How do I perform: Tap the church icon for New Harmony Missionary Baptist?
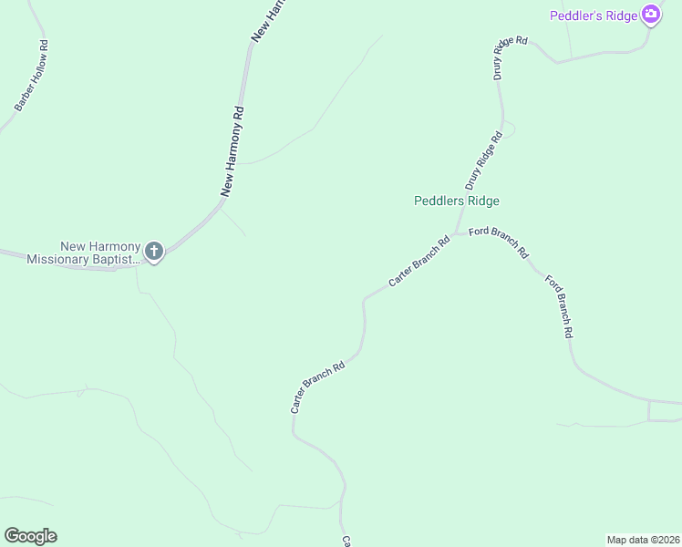coord(154,251)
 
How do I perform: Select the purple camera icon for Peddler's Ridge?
coord(650,15)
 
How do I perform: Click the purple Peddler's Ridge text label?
coord(594,15)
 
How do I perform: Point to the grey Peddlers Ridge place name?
coord(457,201)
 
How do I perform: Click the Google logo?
coord(30,536)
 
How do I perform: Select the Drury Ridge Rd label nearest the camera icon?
coord(511,57)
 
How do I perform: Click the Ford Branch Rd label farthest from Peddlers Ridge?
coord(558,305)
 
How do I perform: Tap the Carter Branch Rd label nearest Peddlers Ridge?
coord(419,263)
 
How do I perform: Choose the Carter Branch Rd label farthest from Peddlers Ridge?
coord(317,387)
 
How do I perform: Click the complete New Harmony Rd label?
coord(233,152)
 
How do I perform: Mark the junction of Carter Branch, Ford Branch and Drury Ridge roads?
coord(457,232)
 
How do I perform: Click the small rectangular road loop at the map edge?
coord(665,410)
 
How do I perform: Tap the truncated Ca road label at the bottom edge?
coord(346,541)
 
